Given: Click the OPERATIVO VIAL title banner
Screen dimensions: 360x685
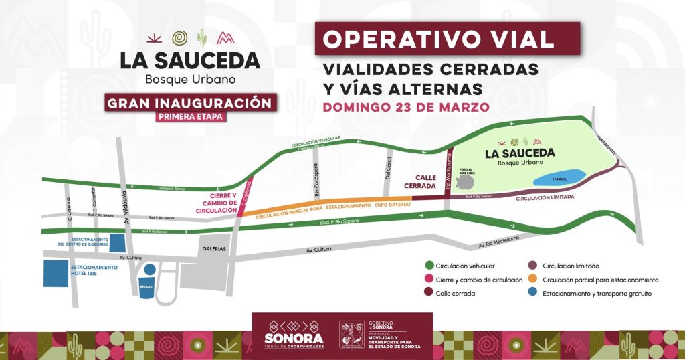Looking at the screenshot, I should pyautogui.click(x=448, y=39).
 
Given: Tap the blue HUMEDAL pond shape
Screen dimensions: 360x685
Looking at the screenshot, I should pyautogui.click(x=560, y=177).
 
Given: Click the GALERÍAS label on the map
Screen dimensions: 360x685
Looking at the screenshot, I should pyautogui.click(x=213, y=248).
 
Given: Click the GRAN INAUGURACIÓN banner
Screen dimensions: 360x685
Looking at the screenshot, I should pyautogui.click(x=190, y=104).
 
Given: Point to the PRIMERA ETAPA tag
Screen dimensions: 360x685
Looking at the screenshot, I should pyautogui.click(x=190, y=116).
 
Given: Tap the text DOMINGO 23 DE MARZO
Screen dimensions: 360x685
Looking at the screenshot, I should pyautogui.click(x=406, y=106).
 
